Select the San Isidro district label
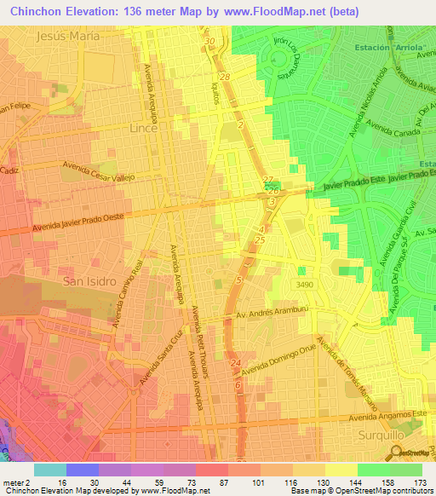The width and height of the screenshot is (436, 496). pyautogui.click(x=89, y=280)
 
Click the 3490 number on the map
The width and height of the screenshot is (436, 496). pyautogui.click(x=306, y=283)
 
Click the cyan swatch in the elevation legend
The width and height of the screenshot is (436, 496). pyautogui.click(x=49, y=470)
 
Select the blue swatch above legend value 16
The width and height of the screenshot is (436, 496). pyautogui.click(x=82, y=470)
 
